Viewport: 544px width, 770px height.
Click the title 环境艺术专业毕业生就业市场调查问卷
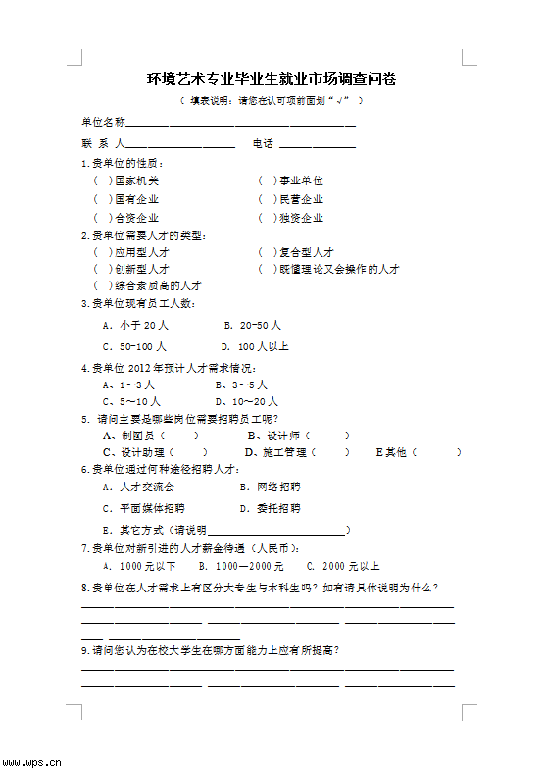click(x=272, y=78)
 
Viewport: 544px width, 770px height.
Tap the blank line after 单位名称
click(x=240, y=123)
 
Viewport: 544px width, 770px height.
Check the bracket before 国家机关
click(x=102, y=180)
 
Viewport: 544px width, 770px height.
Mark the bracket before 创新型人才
click(x=102, y=269)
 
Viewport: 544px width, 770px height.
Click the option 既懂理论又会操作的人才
click(x=339, y=269)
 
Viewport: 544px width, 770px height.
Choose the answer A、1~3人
click(x=128, y=385)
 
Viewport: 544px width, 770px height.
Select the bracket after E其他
click(x=436, y=452)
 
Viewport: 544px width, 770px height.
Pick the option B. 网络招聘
click(x=271, y=487)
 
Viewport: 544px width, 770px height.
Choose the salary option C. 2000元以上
click(x=343, y=566)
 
